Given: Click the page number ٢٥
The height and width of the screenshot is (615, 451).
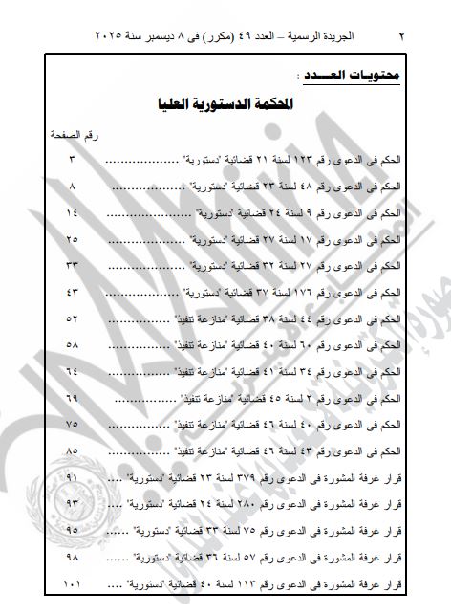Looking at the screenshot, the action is pyautogui.click(x=72, y=235).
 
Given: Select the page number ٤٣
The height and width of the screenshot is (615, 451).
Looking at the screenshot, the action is pyautogui.click(x=72, y=289).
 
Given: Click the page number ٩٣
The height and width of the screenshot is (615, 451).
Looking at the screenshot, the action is pyautogui.click(x=72, y=502).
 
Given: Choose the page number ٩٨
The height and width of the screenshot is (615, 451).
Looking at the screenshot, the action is pyautogui.click(x=72, y=556).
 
